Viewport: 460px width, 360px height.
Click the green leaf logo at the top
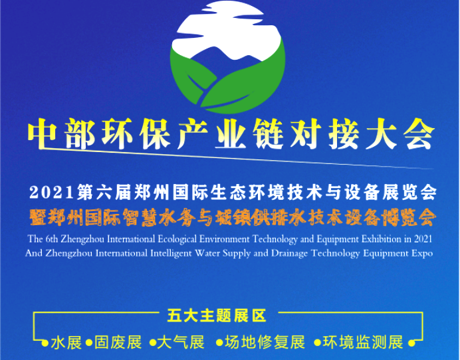pos(227,57)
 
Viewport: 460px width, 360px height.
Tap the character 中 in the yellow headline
pos(43,134)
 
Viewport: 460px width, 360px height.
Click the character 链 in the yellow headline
pos(268,134)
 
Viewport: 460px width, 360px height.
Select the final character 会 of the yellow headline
pos(419,134)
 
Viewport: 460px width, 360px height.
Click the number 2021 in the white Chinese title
pos(52,193)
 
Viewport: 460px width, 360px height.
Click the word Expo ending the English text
pos(422,253)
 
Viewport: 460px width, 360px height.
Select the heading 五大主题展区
pos(217,316)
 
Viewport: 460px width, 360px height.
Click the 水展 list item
pos(66,343)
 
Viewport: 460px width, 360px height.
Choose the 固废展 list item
pos(118,343)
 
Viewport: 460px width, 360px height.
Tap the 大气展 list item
pos(181,343)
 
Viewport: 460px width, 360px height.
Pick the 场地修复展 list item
pos(265,343)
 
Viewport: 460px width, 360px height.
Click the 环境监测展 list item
pos(363,343)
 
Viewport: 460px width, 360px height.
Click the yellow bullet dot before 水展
pos(45,343)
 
